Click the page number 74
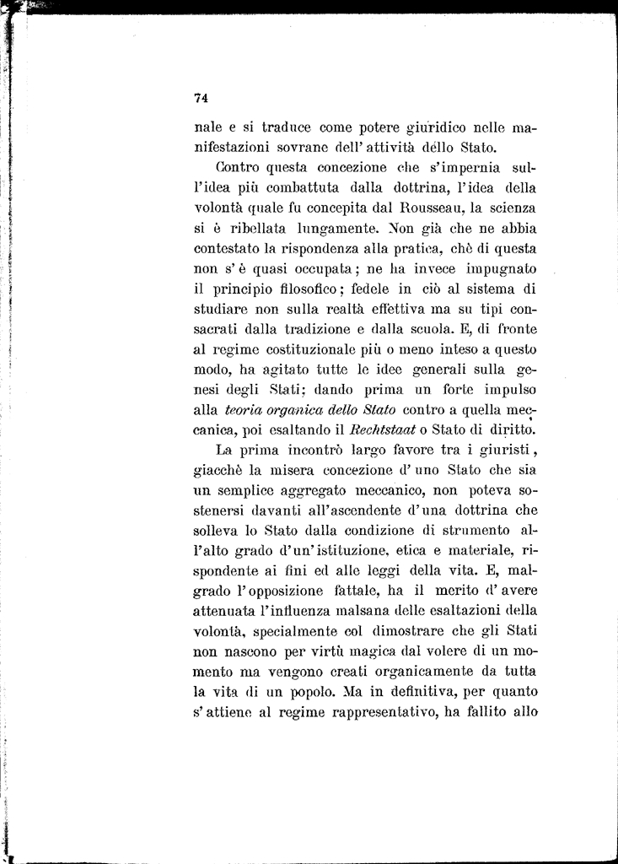click(201, 98)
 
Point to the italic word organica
click(301, 409)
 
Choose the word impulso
click(501, 390)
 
